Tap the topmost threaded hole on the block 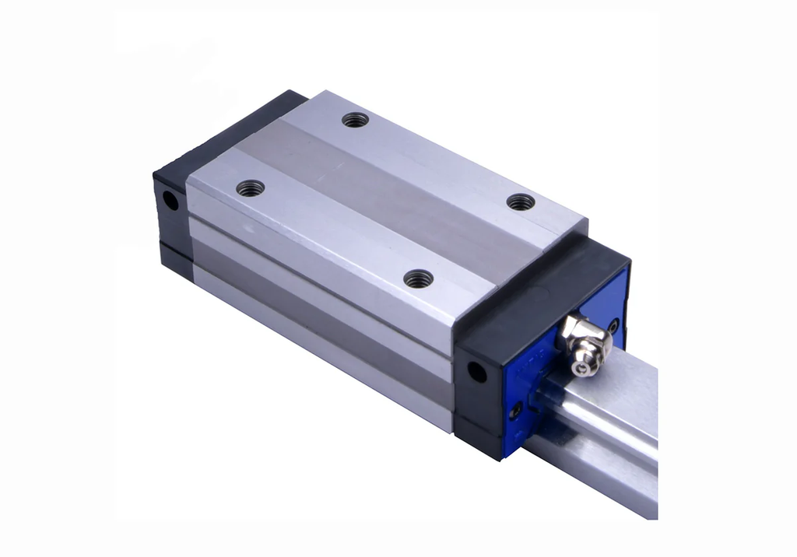355,120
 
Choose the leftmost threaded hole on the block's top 251,188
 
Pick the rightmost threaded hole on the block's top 521,202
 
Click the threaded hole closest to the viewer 419,278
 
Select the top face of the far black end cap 233,124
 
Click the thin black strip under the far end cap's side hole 173,257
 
